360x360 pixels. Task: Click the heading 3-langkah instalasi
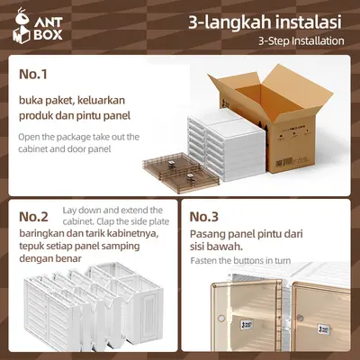[263, 21]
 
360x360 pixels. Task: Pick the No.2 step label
[32, 217]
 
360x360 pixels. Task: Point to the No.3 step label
[203, 217]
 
